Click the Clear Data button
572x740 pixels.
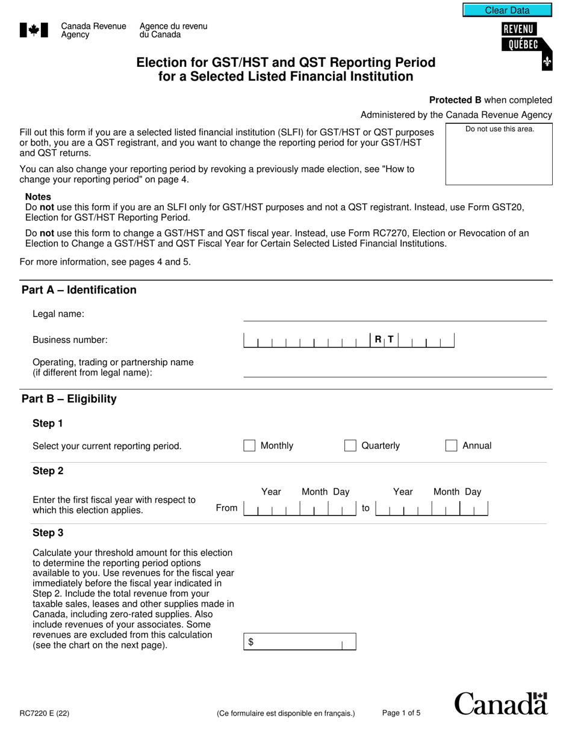[507, 10]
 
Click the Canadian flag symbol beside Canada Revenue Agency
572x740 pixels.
[34, 31]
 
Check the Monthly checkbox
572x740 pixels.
[249, 446]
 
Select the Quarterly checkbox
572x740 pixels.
[350, 446]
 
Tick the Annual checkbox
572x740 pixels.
[451, 446]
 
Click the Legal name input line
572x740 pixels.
[394, 315]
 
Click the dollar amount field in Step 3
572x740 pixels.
[299, 642]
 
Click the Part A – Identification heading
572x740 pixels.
[79, 290]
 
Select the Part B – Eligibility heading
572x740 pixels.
[69, 399]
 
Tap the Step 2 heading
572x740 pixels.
[48, 471]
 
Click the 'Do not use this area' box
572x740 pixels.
[499, 154]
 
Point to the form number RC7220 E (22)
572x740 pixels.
[45, 714]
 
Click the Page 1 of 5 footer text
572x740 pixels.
[401, 714]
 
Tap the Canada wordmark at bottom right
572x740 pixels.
[501, 704]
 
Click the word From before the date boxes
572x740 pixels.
[226, 508]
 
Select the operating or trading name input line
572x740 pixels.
[394, 371]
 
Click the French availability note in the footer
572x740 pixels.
[286, 714]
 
